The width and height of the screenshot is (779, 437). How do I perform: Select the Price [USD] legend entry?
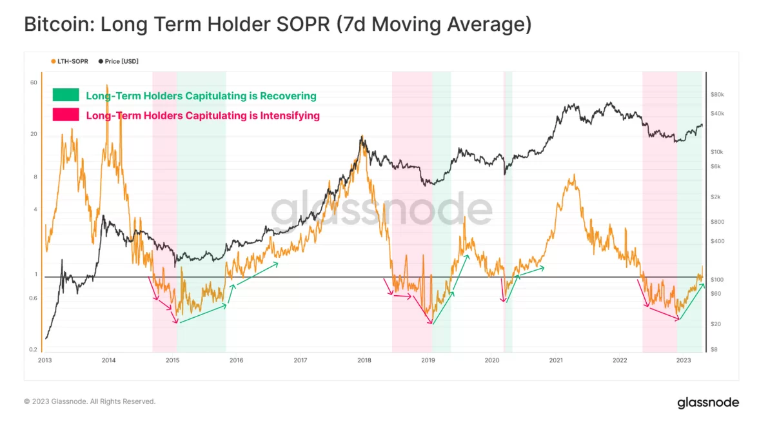tap(119, 61)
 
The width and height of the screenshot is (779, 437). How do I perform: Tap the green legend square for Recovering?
tap(66, 95)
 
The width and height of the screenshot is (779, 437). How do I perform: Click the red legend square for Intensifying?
tap(66, 115)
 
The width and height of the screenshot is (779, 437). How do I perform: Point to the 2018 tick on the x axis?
tap(364, 360)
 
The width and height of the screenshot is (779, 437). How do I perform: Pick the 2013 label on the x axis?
tap(45, 360)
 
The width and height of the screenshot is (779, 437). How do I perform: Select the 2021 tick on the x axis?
tap(556, 360)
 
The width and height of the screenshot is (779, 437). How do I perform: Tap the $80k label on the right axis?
tap(717, 94)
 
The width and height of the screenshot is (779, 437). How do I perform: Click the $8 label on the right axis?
tap(715, 349)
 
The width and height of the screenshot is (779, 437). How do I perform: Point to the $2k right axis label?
tap(716, 197)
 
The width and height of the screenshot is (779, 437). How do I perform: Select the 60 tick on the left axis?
tap(34, 83)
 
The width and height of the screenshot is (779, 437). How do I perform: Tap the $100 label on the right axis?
tap(716, 280)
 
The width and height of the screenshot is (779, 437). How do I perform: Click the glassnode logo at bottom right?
tap(707, 403)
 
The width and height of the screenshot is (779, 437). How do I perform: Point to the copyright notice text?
tap(90, 402)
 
